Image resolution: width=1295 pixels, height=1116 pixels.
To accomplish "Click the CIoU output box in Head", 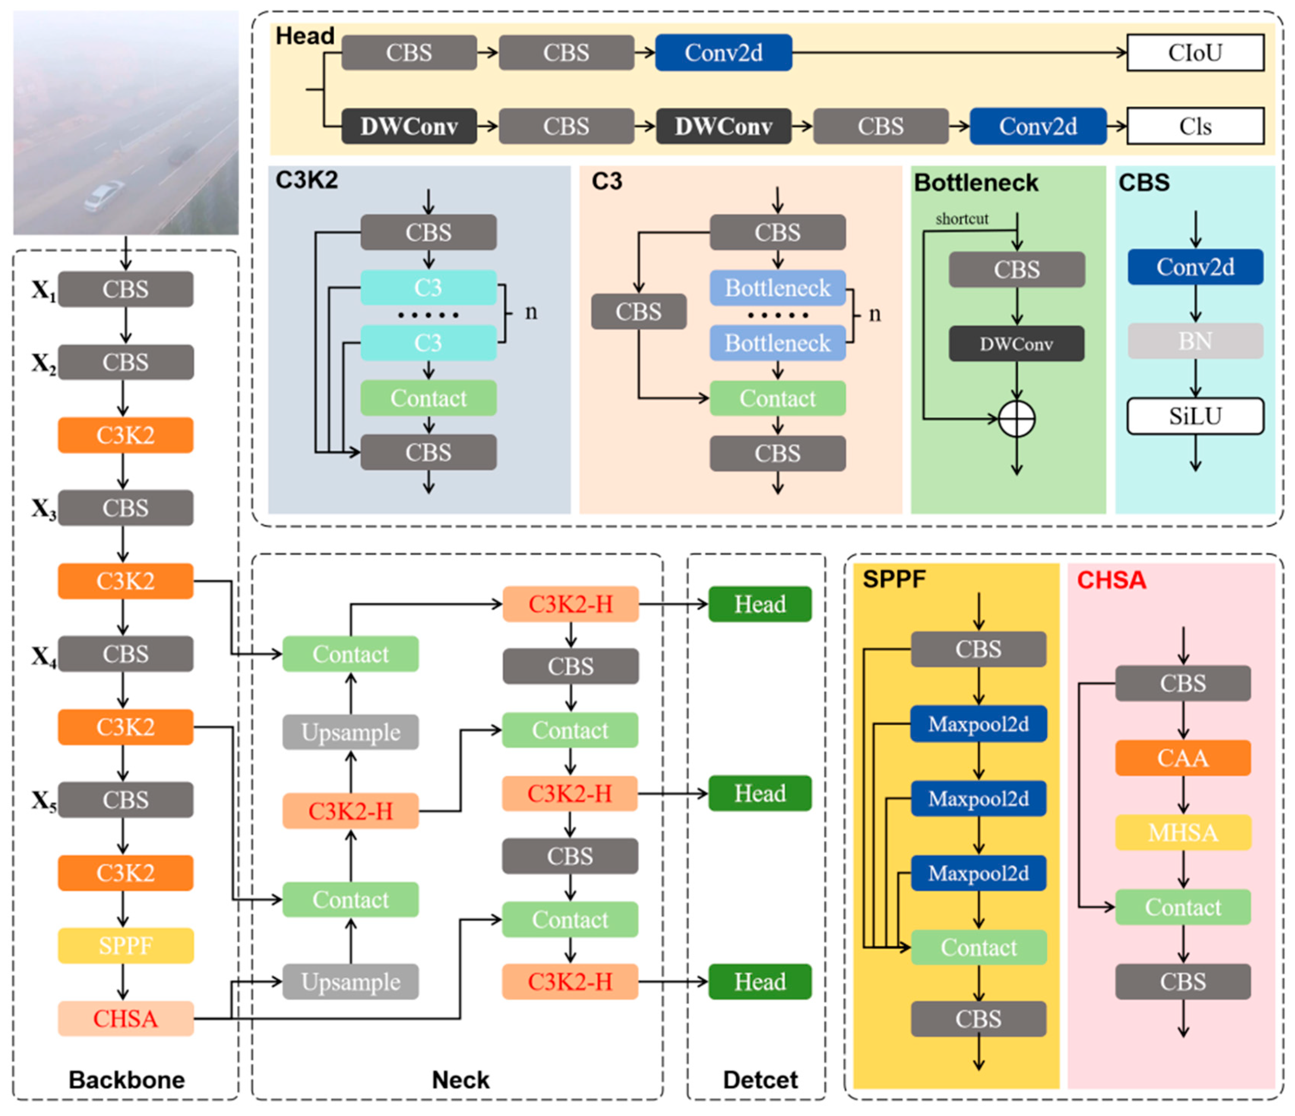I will tap(1194, 52).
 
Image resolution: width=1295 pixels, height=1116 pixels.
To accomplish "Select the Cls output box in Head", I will tap(1194, 126).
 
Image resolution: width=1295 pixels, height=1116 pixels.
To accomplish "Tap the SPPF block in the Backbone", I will tap(126, 945).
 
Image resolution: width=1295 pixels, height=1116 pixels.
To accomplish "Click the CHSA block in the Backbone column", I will tap(126, 1018).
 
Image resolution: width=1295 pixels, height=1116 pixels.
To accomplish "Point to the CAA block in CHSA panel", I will tap(1182, 757).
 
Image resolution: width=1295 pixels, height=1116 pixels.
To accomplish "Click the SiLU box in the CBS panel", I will tap(1194, 416).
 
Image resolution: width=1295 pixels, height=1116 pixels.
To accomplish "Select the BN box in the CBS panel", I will tap(1194, 341).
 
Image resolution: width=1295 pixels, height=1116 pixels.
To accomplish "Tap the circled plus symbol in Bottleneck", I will tap(1016, 418).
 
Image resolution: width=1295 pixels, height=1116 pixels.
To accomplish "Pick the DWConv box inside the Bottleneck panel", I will tap(1016, 344).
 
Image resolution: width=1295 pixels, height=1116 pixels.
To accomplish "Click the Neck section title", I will tap(461, 1079).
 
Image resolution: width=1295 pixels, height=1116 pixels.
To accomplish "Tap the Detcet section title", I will tap(760, 1079).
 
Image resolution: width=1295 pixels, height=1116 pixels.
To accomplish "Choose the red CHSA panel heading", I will tap(1111, 580).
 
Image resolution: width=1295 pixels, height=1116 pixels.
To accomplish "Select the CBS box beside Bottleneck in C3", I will tap(638, 311).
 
